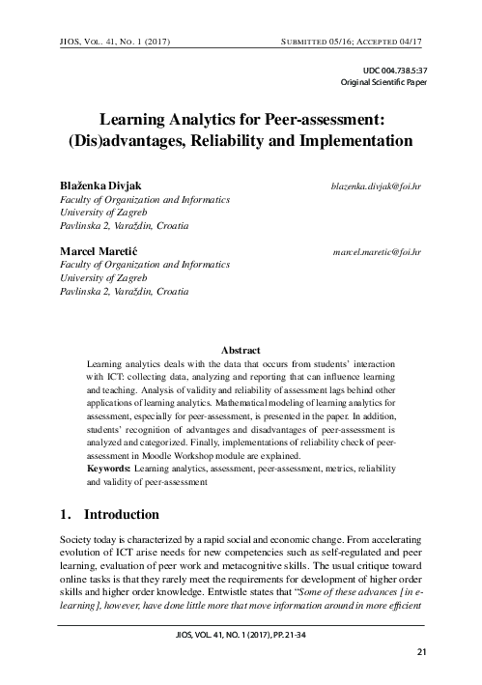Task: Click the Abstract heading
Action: tap(241, 348)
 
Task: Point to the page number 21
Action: tap(421, 653)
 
